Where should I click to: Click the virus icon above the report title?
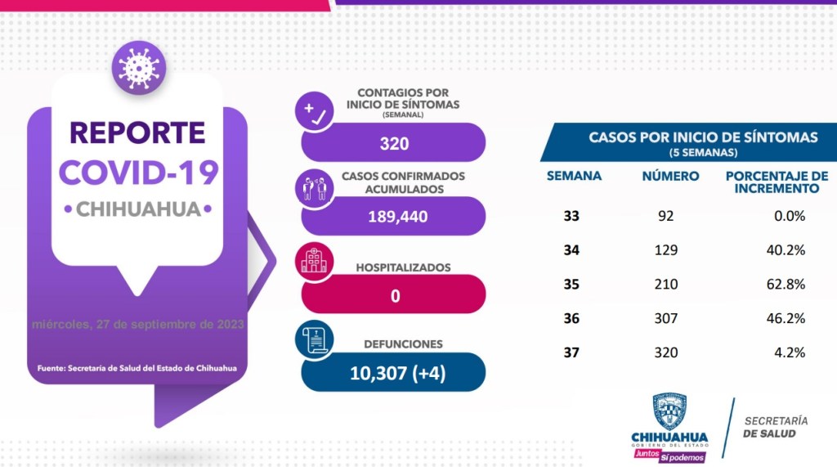pos(139,66)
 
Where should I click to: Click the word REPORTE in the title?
pos(137,132)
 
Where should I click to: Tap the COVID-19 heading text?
pos(139,172)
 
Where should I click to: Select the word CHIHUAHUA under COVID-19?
pos(138,209)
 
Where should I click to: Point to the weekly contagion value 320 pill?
pos(394,144)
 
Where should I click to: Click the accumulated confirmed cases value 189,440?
pos(394,218)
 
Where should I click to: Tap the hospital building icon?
pos(312,260)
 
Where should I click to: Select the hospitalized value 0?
pos(394,295)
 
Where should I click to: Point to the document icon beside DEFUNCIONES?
pos(315,341)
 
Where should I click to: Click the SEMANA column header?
pos(574,176)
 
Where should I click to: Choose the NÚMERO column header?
pos(670,176)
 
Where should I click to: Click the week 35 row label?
pos(571,285)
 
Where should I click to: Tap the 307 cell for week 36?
pos(667,318)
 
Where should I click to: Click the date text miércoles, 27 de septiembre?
pos(137,324)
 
